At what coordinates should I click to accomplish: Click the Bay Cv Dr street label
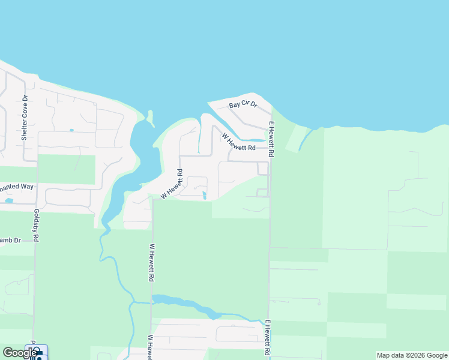[243, 105]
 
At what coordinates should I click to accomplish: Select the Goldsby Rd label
[36, 226]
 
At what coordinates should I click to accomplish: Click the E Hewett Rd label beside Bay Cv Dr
[271, 139]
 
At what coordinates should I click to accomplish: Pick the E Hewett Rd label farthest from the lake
[267, 337]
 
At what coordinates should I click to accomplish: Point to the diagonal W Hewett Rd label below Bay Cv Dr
[238, 142]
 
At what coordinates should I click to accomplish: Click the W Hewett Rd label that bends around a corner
[173, 184]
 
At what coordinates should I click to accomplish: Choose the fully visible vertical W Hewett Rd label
[152, 263]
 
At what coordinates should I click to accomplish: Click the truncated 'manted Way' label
[17, 187]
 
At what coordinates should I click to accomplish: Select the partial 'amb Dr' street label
[10, 240]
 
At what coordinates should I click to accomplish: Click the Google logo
[19, 353]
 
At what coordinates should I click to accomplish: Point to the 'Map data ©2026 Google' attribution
[412, 355]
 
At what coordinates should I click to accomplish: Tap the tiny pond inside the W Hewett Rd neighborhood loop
[205, 194]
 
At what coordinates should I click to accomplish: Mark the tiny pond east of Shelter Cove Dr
[71, 130]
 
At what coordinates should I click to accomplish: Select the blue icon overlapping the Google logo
[37, 353]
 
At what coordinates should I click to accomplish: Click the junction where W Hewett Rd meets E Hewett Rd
[268, 148]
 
